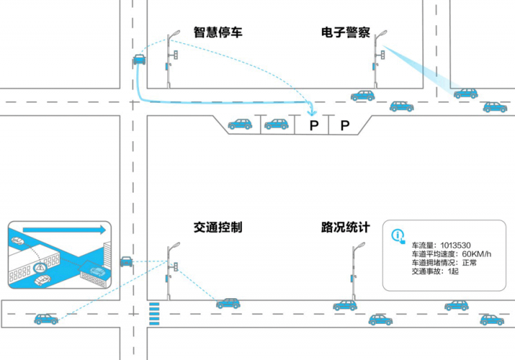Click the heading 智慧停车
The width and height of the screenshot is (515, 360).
click(x=218, y=32)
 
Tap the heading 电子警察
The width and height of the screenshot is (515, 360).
click(x=345, y=32)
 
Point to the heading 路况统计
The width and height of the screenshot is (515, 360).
click(x=345, y=228)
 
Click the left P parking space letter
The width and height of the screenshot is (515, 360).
click(x=314, y=125)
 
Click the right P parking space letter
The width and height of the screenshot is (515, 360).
click(x=344, y=125)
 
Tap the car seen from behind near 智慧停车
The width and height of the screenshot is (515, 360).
click(x=138, y=61)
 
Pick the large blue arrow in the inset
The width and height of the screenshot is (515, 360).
click(x=64, y=229)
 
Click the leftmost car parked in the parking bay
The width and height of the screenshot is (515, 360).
click(x=240, y=124)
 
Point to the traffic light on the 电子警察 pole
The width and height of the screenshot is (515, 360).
click(x=382, y=56)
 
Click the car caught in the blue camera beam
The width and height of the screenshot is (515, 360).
click(x=465, y=93)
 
